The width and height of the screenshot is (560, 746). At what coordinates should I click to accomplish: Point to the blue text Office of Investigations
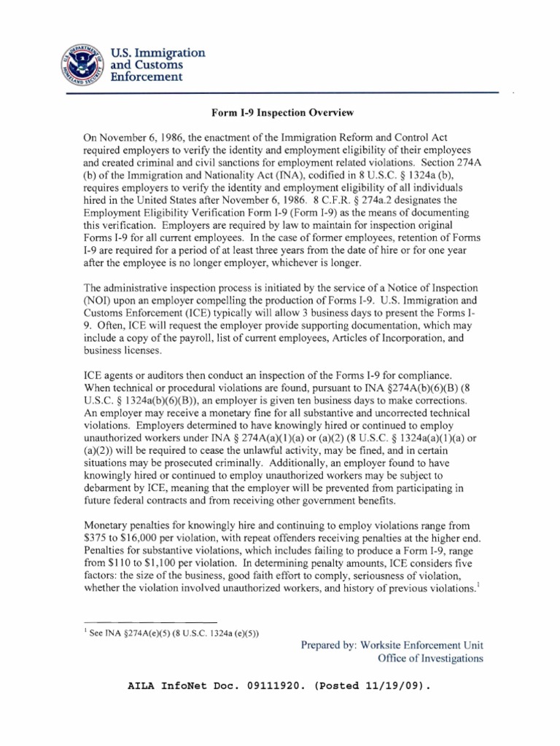click(429, 659)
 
